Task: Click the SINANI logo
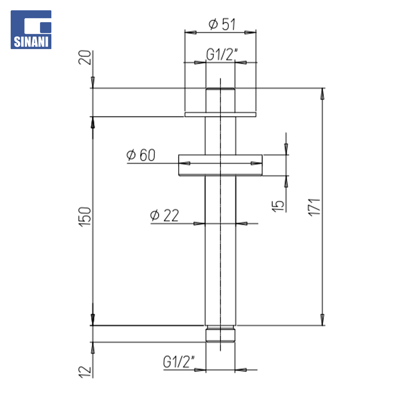click(31, 30)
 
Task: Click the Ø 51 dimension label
click(222, 24)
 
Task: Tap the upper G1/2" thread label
click(222, 54)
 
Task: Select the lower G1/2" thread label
click(179, 362)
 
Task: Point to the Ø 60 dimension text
click(141, 155)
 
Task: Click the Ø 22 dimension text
click(164, 215)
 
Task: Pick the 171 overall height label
click(314, 207)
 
